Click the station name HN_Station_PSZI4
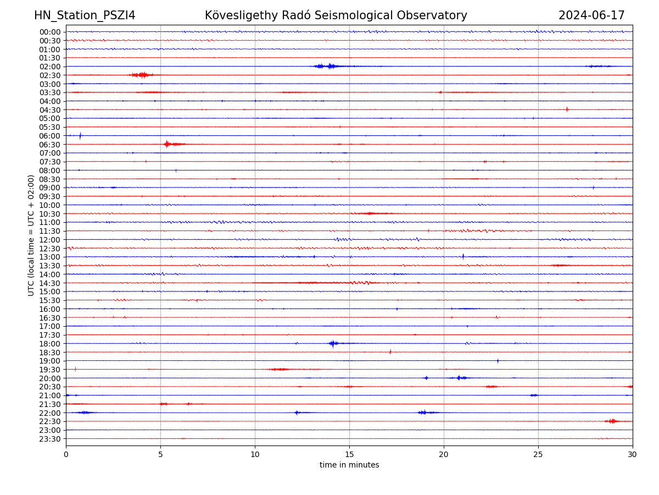tap(85, 15)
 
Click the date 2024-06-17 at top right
tap(591, 15)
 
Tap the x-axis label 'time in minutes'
tap(349, 465)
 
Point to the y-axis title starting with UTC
tap(31, 235)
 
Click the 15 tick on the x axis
tap(349, 454)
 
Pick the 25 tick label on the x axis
tap(538, 454)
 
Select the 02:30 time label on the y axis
tap(50, 75)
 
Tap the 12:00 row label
tap(50, 240)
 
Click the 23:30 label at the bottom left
tap(50, 439)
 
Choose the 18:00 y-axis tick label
tap(50, 344)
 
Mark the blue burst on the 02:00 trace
tap(329, 66)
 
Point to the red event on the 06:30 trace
tap(167, 144)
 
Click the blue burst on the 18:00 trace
tap(333, 344)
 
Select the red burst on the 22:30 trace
tap(612, 421)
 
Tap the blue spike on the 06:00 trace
tap(80, 135)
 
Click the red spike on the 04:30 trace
tap(567, 109)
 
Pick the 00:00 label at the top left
tap(50, 32)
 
